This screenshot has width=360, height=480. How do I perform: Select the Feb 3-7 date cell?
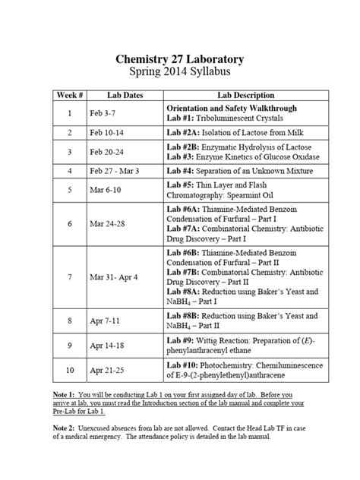tap(103, 113)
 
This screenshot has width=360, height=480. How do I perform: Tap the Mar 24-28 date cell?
tap(108, 224)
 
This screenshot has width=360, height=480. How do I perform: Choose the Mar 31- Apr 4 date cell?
tap(113, 277)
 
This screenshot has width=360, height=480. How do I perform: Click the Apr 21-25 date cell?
tap(107, 371)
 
